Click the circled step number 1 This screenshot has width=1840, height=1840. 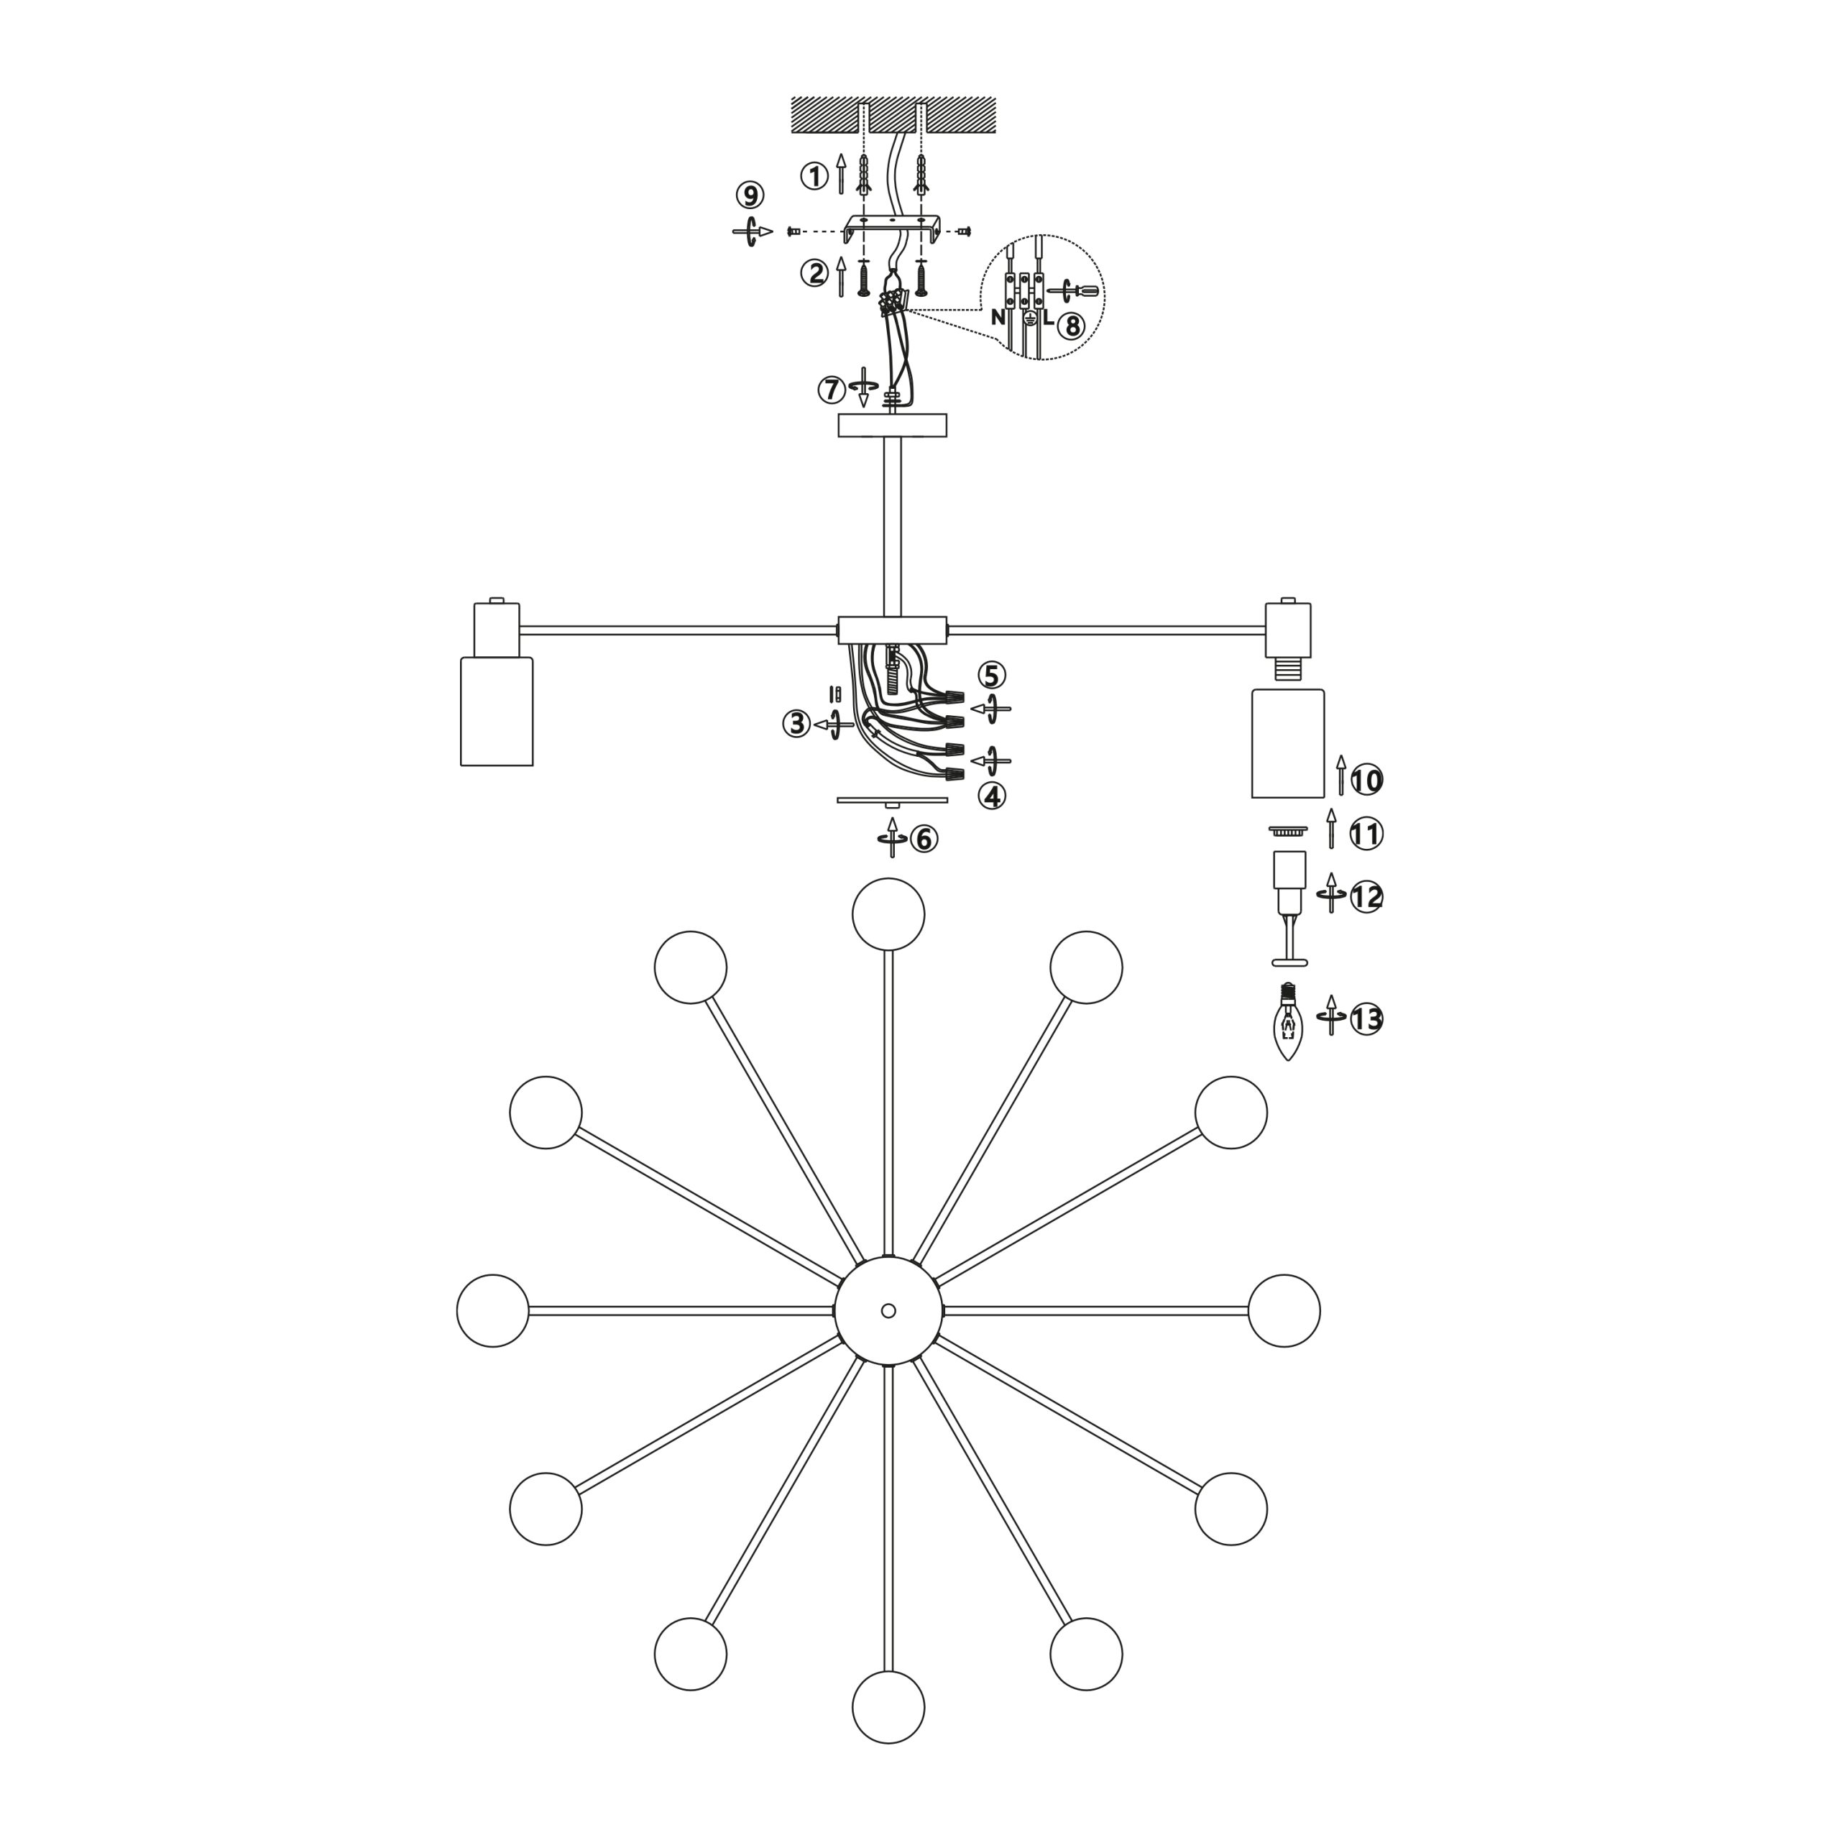pos(814,176)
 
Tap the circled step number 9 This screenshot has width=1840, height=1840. pos(750,195)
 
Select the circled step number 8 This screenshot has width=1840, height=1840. pos(1070,326)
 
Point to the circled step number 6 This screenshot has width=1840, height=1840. pos(924,838)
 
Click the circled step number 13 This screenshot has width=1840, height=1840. pos(1366,1019)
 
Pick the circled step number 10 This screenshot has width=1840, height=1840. pos(1366,781)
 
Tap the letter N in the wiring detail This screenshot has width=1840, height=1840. pos(997,318)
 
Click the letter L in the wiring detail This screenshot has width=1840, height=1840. pos(1048,319)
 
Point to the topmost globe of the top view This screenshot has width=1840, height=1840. pos(888,914)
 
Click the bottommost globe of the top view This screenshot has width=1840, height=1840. pos(888,1706)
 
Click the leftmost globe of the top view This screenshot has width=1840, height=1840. pos(492,1310)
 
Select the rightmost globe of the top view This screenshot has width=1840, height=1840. pos(1284,1310)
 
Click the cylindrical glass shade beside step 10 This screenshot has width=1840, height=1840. pos(1287,743)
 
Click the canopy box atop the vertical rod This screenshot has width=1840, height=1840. pos(893,425)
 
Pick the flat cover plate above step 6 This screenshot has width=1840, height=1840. pos(893,801)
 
